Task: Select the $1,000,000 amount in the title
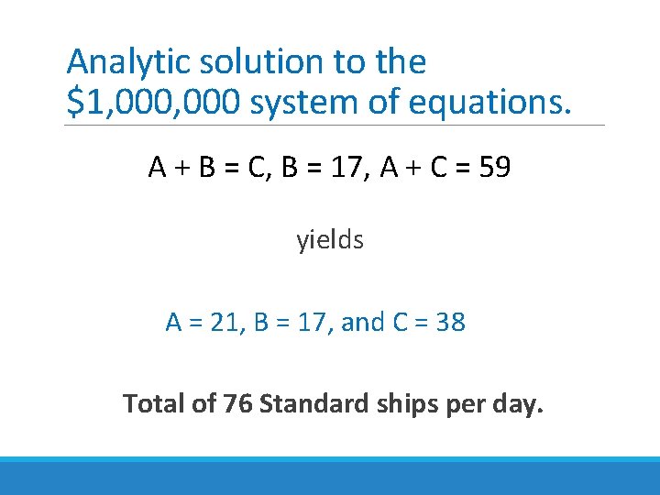pyautogui.click(x=153, y=104)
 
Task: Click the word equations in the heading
pyautogui.click(x=489, y=104)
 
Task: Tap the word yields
pyautogui.click(x=330, y=241)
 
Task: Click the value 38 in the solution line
pyautogui.click(x=451, y=323)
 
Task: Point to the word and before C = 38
pyautogui.click(x=362, y=323)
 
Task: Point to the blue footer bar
pyautogui.click(x=330, y=476)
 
